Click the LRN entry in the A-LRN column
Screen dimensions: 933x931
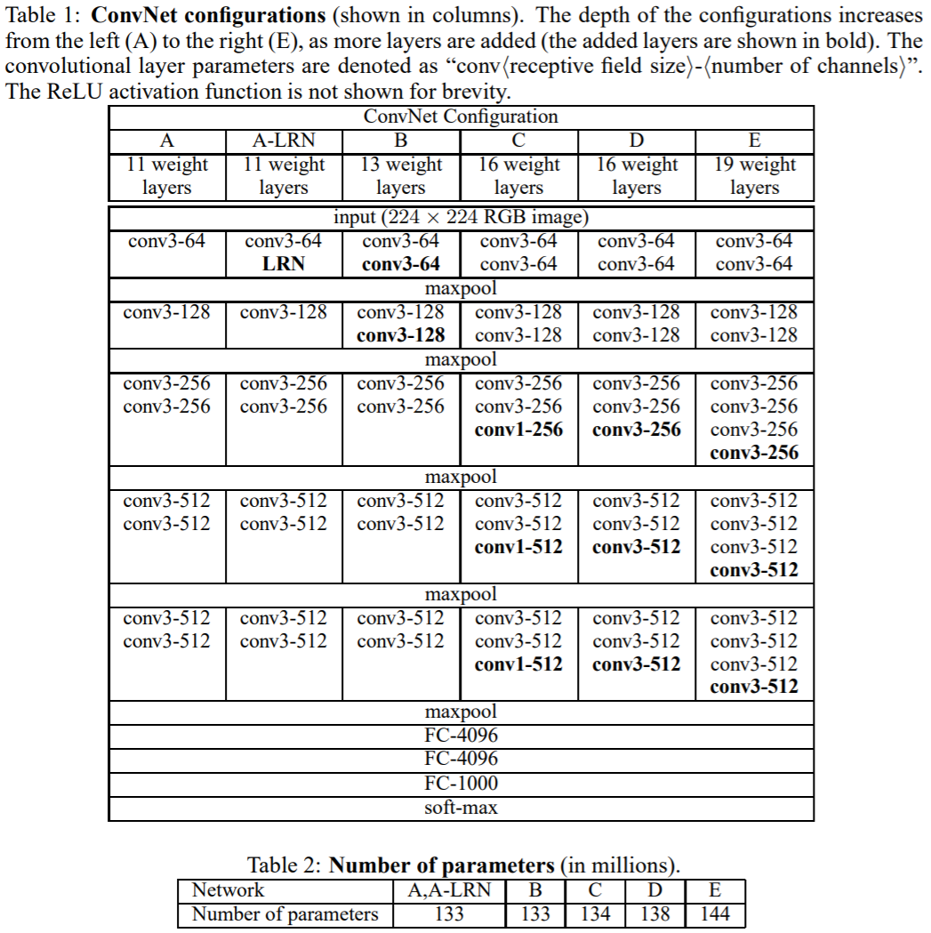[x=284, y=264]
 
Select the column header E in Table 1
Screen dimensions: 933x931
[x=754, y=141]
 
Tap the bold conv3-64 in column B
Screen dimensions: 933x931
[x=400, y=264]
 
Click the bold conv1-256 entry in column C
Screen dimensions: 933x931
[x=518, y=430]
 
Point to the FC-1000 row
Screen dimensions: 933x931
[x=461, y=784]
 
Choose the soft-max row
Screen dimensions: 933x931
[x=461, y=808]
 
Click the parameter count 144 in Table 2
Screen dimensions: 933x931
[x=715, y=914]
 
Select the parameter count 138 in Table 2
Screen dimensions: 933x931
[x=654, y=914]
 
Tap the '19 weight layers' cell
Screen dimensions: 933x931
[x=754, y=176]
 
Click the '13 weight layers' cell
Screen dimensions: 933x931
[x=400, y=176]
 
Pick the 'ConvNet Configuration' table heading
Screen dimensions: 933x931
[x=461, y=117]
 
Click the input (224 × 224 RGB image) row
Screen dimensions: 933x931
[x=461, y=217]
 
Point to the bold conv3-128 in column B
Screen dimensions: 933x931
[x=400, y=335]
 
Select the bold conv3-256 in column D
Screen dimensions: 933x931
[x=637, y=430]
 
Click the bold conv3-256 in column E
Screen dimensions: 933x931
[x=754, y=453]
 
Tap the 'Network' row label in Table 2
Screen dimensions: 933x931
[x=229, y=890]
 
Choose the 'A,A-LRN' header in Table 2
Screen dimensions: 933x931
[x=449, y=890]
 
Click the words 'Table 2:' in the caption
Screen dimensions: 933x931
[x=285, y=865]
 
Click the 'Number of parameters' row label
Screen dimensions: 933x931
[x=285, y=914]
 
